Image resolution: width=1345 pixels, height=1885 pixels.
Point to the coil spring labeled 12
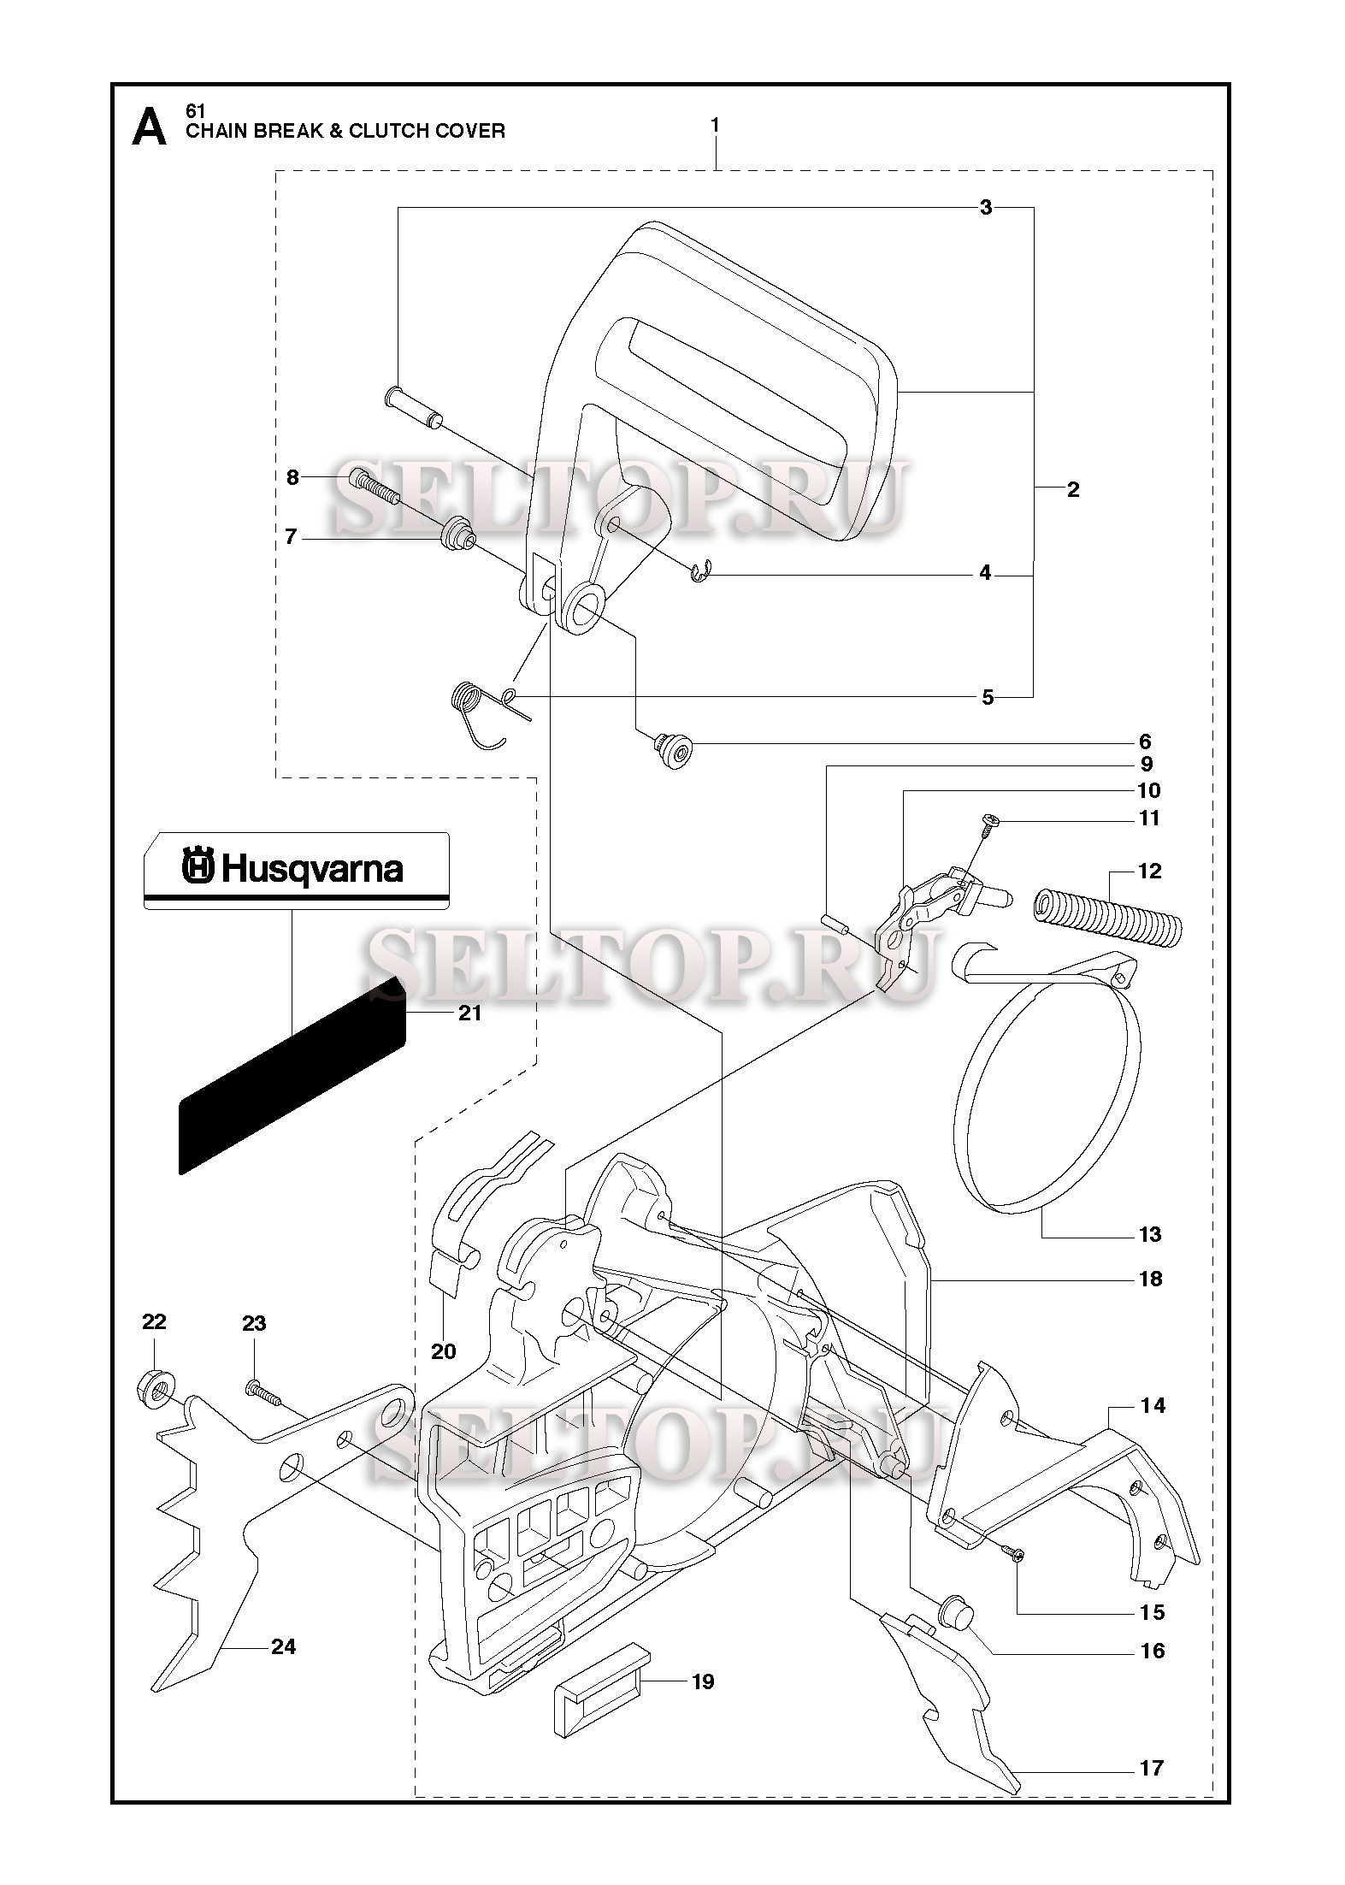click(x=1107, y=919)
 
